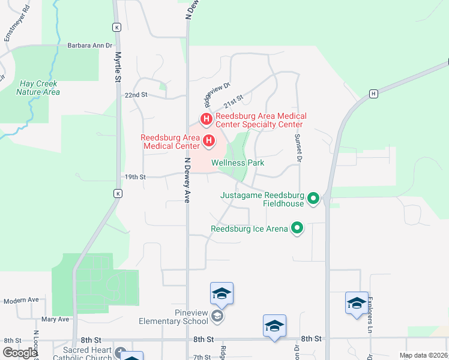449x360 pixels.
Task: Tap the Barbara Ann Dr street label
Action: [90, 45]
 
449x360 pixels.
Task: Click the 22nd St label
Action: [136, 95]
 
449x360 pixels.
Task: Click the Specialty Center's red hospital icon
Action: [206, 119]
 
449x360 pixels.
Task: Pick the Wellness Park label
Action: [238, 163]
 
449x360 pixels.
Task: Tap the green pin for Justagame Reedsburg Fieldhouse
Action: [313, 198]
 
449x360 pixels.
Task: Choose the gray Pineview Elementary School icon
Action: [217, 316]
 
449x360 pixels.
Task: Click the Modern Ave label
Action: [21, 300]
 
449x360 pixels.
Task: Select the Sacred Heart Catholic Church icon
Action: [121, 352]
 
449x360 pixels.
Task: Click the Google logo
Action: [19, 353]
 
